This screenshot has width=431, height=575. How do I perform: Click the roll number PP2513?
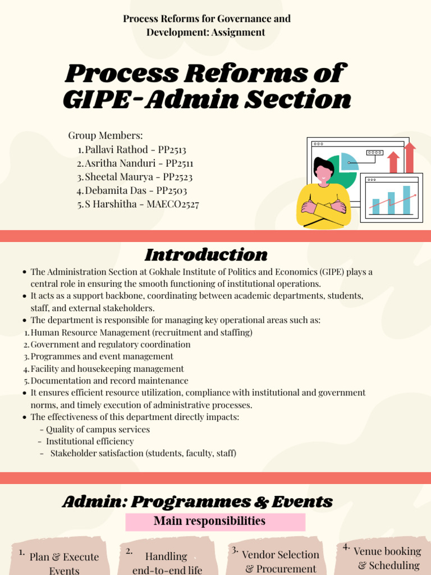pyautogui.click(x=172, y=149)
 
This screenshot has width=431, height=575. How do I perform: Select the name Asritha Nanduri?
pyautogui.click(x=120, y=163)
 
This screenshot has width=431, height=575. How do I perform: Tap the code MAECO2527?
pyautogui.click(x=173, y=204)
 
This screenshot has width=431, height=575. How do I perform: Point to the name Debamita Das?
pyautogui.click(x=116, y=191)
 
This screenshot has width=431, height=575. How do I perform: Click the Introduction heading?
pyautogui.click(x=207, y=254)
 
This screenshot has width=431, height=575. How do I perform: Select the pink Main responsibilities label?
pyautogui.click(x=215, y=522)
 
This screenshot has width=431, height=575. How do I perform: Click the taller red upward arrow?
pyautogui.click(x=410, y=158)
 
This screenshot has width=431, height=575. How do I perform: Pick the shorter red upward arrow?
pyautogui.click(x=393, y=162)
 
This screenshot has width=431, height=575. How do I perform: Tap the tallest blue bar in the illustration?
pyautogui.click(x=406, y=200)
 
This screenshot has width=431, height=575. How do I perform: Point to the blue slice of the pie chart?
pyautogui.click(x=349, y=161)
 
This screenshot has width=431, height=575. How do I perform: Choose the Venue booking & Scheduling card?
pyautogui.click(x=383, y=558)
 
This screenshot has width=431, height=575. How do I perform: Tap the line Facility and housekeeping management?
pyautogui.click(x=107, y=368)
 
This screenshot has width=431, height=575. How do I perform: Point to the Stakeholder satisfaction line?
pyautogui.click(x=143, y=453)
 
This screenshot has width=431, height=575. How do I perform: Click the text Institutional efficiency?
pyautogui.click(x=90, y=441)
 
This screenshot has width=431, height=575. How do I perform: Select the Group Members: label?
pyautogui.click(x=106, y=136)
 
